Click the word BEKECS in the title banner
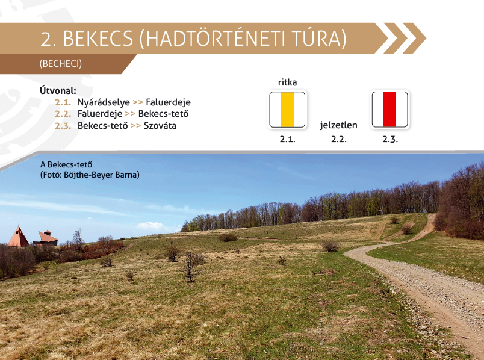pyautogui.click(x=98, y=39)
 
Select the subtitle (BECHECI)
pyautogui.click(x=61, y=64)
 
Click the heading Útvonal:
pyautogui.click(x=58, y=91)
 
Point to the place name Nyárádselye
pyautogui.click(x=104, y=102)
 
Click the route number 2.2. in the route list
pyautogui.click(x=63, y=114)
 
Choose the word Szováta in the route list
pyautogui.click(x=160, y=126)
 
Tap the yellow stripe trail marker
pyautogui.click(x=287, y=110)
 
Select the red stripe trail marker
pyautogui.click(x=390, y=110)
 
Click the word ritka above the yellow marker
pyautogui.click(x=287, y=82)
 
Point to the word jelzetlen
pyautogui.click(x=338, y=125)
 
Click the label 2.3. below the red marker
pyautogui.click(x=390, y=139)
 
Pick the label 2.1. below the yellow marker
pyautogui.click(x=288, y=139)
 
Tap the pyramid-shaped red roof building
pyautogui.click(x=18, y=237)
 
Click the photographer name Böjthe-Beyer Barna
pyautogui.click(x=102, y=175)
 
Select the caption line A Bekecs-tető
pyautogui.click(x=66, y=164)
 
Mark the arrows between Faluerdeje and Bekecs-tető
pyautogui.click(x=130, y=114)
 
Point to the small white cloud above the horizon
pyautogui.click(x=150, y=226)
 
